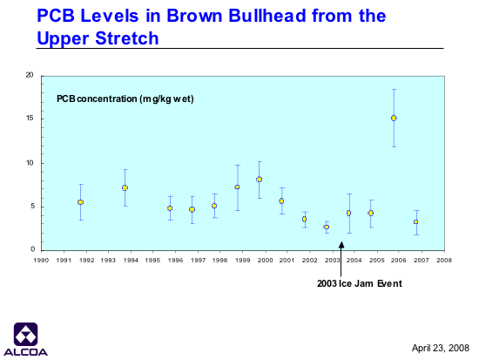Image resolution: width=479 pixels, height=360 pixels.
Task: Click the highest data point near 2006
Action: [394, 118]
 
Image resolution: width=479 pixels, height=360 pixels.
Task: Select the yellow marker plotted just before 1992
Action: [80, 202]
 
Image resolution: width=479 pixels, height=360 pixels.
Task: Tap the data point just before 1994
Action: [125, 187]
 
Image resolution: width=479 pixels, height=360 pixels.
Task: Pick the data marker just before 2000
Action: [259, 180]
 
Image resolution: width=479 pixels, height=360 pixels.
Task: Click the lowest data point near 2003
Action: [327, 227]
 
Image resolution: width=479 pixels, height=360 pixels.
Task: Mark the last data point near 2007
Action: [415, 221]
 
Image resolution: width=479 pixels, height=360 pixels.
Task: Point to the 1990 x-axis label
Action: [41, 261]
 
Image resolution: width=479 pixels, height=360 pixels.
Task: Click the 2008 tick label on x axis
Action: [444, 261]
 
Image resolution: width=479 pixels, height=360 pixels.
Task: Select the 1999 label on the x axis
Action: [243, 261]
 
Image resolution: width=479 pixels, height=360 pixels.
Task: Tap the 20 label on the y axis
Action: [30, 75]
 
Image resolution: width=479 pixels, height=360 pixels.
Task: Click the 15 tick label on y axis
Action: [30, 119]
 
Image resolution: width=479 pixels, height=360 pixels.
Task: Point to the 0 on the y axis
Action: [33, 249]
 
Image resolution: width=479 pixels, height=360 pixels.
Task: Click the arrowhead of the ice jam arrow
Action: [341, 244]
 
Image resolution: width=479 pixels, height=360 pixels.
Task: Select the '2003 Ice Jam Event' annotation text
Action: [359, 283]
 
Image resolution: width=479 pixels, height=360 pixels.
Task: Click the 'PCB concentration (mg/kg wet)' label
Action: [125, 99]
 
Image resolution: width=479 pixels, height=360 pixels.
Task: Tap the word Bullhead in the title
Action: [267, 16]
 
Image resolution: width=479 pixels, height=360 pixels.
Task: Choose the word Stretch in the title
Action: [127, 38]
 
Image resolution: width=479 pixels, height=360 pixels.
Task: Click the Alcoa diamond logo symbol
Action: [25, 334]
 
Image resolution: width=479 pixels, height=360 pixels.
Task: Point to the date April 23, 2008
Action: [440, 348]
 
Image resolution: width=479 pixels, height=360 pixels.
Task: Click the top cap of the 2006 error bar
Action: [394, 89]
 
